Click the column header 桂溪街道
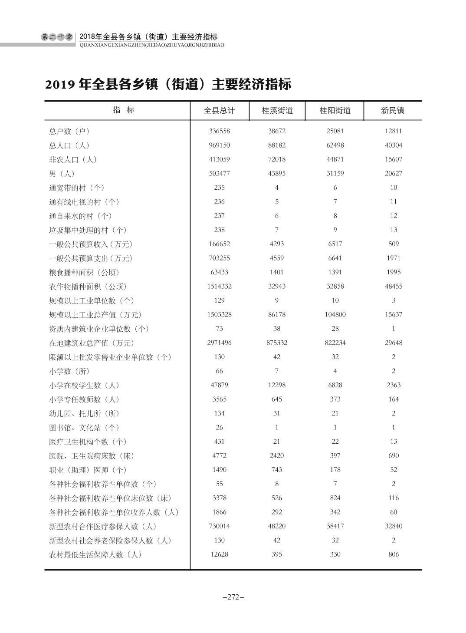point(277,110)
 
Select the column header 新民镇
point(393,110)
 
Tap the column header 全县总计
point(219,110)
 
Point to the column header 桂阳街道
point(335,110)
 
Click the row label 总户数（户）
point(69,131)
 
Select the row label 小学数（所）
point(69,371)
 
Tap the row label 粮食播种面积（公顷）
point(84,272)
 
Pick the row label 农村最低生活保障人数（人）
point(95,554)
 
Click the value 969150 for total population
point(219,145)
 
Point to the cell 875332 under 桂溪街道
point(277,343)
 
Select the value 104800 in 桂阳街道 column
point(335,314)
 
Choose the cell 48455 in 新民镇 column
point(393,286)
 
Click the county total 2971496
point(219,343)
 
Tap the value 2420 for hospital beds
point(277,455)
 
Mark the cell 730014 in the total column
point(219,526)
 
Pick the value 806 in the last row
point(393,554)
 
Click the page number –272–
point(233,597)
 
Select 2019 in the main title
point(60,84)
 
